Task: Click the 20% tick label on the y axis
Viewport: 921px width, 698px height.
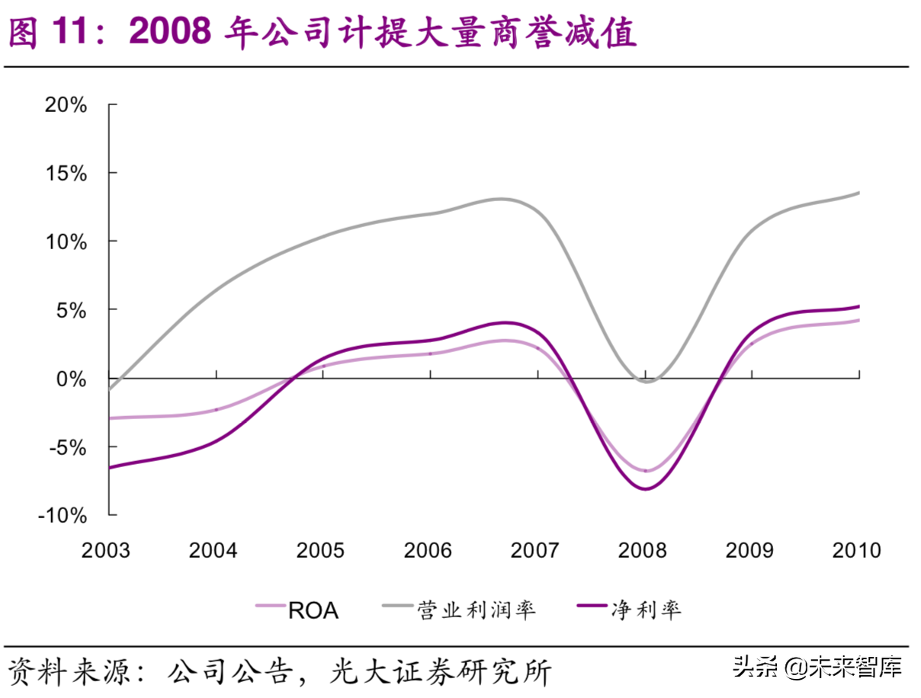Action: pyautogui.click(x=66, y=104)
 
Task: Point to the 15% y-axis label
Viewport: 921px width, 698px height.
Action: pyautogui.click(x=66, y=173)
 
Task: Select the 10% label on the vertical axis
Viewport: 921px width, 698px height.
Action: pyautogui.click(x=66, y=242)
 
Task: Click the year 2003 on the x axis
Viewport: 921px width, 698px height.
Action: pyautogui.click(x=106, y=550)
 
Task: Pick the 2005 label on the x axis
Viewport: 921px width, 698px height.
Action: pyautogui.click(x=321, y=550)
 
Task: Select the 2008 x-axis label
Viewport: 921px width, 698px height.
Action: pyautogui.click(x=643, y=550)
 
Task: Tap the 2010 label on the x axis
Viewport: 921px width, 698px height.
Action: pyautogui.click(x=856, y=550)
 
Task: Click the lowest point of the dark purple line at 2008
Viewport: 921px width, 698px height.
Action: pyautogui.click(x=646, y=489)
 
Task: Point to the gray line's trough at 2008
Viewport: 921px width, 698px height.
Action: pyautogui.click(x=647, y=381)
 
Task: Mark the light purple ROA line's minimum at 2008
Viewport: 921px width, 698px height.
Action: pyautogui.click(x=646, y=471)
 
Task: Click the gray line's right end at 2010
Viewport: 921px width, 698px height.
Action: pyautogui.click(x=859, y=193)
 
